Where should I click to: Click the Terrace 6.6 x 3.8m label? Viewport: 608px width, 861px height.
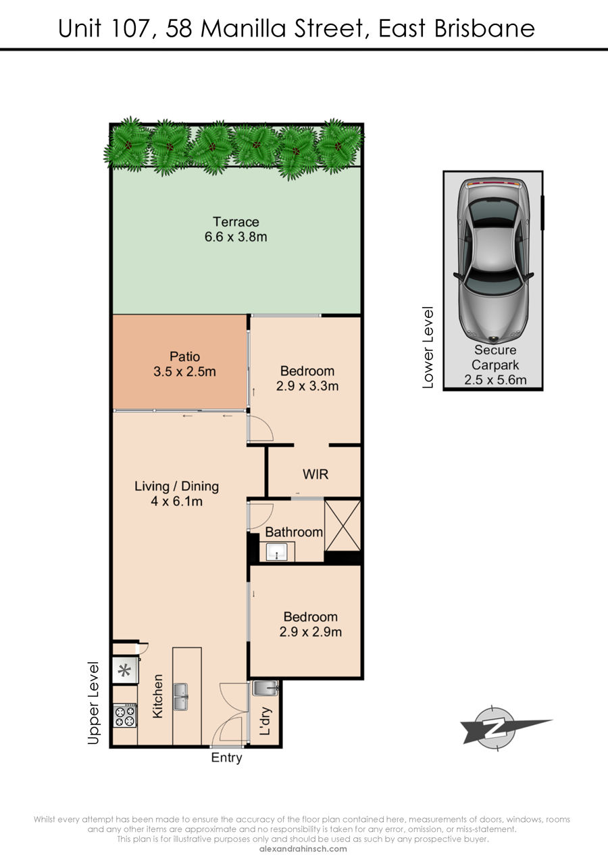(x=236, y=229)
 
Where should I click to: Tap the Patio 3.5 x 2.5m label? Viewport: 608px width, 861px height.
(x=184, y=364)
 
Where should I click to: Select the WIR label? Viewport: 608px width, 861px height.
(x=315, y=474)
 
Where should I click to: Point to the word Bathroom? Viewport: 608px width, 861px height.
(x=294, y=532)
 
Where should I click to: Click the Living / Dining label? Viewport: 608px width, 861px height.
(x=176, y=486)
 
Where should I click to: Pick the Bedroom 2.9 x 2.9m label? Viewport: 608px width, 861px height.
(x=311, y=624)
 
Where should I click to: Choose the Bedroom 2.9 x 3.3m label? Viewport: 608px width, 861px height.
(x=307, y=378)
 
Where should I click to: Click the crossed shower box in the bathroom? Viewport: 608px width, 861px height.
(x=343, y=525)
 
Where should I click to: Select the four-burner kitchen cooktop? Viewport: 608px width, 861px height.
(x=125, y=716)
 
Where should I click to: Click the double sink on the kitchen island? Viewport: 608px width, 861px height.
(x=180, y=697)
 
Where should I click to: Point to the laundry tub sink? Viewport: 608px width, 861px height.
(x=265, y=688)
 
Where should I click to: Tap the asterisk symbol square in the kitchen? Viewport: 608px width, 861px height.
(x=124, y=671)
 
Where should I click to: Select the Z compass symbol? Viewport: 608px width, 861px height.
(x=495, y=728)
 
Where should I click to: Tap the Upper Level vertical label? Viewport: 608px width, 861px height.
(x=94, y=703)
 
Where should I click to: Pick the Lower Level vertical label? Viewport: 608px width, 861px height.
(x=428, y=348)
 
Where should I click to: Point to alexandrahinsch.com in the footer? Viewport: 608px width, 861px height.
(x=303, y=849)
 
